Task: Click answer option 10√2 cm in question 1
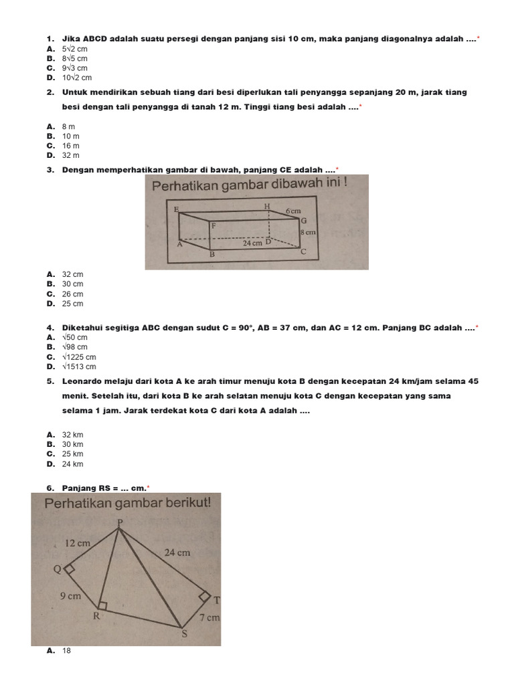pos(76,78)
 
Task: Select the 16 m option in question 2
pos(71,146)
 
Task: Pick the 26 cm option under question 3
pos(72,294)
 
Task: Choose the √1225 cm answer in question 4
pos(79,357)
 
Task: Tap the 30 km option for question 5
pos(72,444)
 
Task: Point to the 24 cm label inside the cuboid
pos(252,243)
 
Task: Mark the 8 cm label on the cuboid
pos(307,232)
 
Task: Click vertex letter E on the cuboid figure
pos(176,209)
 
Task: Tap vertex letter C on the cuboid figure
pos(303,252)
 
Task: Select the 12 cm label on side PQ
pos(78,543)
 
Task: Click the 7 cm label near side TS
pos(209,617)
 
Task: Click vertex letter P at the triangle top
pos(119,522)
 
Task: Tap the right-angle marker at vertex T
pos(205,596)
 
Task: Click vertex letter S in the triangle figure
pos(184,634)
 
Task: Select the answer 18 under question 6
pos(66,650)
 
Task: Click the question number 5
pos(50,381)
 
